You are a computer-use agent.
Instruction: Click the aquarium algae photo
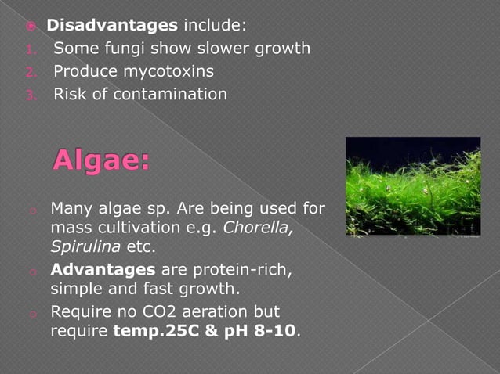413,186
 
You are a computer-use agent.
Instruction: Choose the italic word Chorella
260,229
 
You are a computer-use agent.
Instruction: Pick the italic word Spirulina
82,248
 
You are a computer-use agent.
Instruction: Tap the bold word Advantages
103,270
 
